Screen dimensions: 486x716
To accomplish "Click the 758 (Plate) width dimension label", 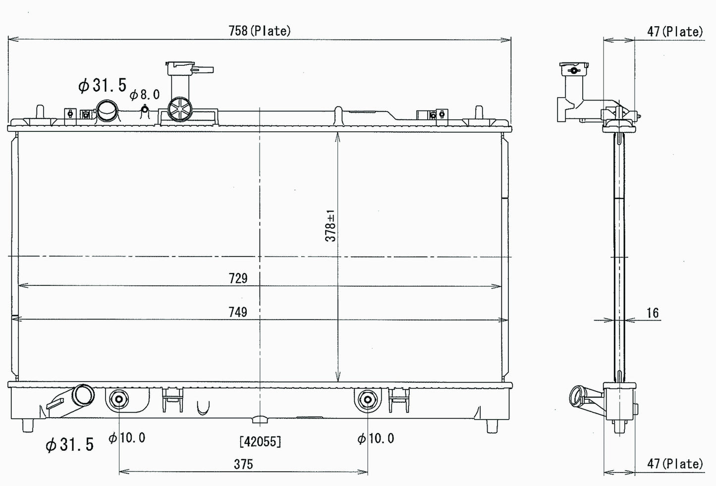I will coord(259,31).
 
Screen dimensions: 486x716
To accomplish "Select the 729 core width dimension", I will coord(238,278).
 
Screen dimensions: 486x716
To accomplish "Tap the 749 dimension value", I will coord(238,312).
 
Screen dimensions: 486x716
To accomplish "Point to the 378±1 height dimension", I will coord(330,226).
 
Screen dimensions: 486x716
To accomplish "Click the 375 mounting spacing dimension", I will coord(243,464).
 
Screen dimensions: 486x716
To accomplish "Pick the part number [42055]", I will coord(260,441).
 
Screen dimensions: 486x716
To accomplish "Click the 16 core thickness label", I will coord(653,313).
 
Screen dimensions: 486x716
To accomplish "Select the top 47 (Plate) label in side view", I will coord(675,32).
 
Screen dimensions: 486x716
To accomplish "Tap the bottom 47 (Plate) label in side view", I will coord(675,464).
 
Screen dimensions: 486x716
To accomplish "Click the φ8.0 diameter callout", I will coord(145,95).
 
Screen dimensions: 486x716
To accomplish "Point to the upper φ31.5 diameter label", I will coord(103,86).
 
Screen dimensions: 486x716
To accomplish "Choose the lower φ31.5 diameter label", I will coord(69,445).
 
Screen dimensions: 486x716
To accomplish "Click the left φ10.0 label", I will coord(127,438).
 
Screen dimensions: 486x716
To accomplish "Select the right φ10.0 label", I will coord(376,438).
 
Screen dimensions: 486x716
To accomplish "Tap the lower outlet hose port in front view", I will coord(83,395).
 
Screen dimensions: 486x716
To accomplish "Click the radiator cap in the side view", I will coord(574,69).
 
